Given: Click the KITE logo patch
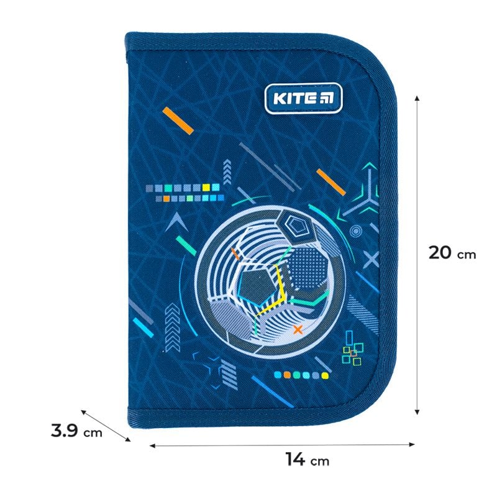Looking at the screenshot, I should (x=294, y=99).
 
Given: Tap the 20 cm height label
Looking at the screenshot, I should (x=452, y=253).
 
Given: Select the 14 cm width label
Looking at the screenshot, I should (x=307, y=460).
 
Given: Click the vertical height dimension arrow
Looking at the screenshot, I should (x=417, y=255).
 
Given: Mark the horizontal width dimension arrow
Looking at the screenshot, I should (x=282, y=444).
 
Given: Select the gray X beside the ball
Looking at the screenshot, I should (x=370, y=259).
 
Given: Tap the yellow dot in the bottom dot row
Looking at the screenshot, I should (x=324, y=375).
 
